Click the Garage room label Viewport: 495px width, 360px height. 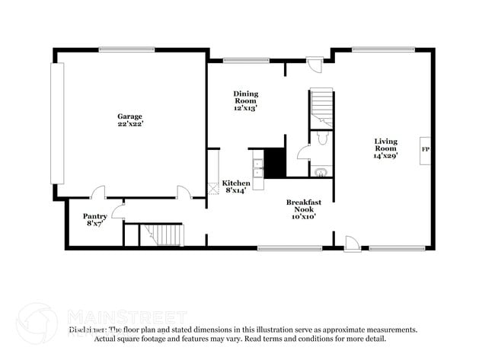[130, 119]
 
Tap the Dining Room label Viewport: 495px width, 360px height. [245, 100]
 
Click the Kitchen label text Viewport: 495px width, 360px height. [236, 186]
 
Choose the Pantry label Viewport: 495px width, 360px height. [94, 220]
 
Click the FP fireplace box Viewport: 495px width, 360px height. [425, 149]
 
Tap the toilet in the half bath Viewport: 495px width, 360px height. [322, 139]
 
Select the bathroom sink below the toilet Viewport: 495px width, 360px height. [322, 172]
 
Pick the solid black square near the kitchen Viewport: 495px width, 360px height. [274, 163]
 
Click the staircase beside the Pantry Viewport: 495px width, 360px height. [163, 234]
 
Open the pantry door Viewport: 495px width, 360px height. [117, 212]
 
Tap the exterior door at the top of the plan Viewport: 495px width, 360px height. [313, 65]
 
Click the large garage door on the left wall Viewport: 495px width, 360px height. [57, 123]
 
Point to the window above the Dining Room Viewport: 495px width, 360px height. [245, 59]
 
